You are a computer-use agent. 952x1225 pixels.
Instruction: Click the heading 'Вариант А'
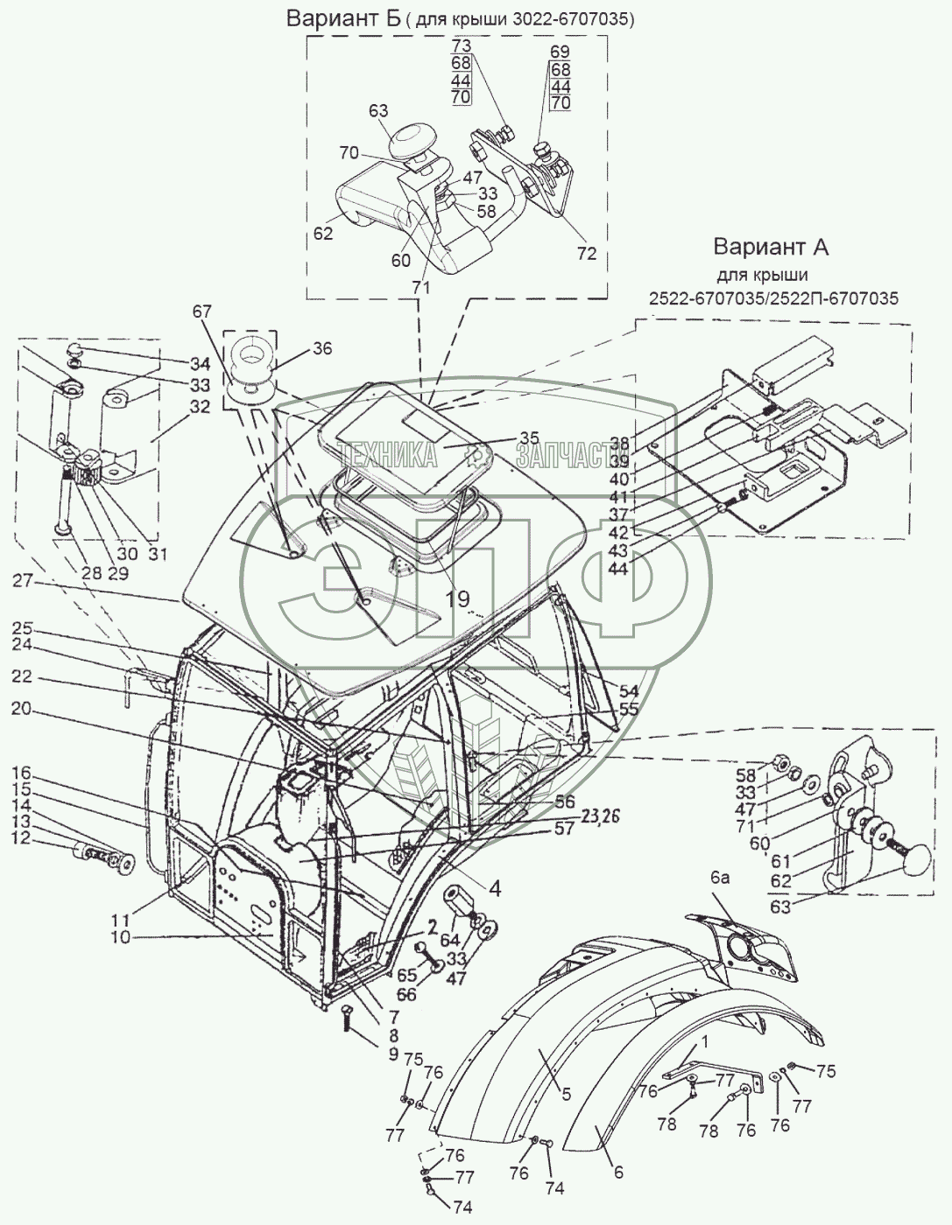pos(770,247)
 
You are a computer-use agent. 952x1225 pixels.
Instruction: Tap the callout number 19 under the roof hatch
pos(457,598)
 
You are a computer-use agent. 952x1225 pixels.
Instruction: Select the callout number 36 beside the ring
pos(321,347)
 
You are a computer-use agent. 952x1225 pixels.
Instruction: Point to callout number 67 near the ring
pos(202,311)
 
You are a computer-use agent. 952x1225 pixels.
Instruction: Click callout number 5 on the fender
pos(565,1093)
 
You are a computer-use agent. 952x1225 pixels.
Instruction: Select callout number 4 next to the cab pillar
pos(495,891)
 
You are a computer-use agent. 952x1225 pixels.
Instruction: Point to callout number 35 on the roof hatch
pos(528,438)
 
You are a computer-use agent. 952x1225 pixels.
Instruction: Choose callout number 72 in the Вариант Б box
pos(586,254)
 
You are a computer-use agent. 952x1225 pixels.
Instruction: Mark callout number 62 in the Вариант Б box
pos(322,233)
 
